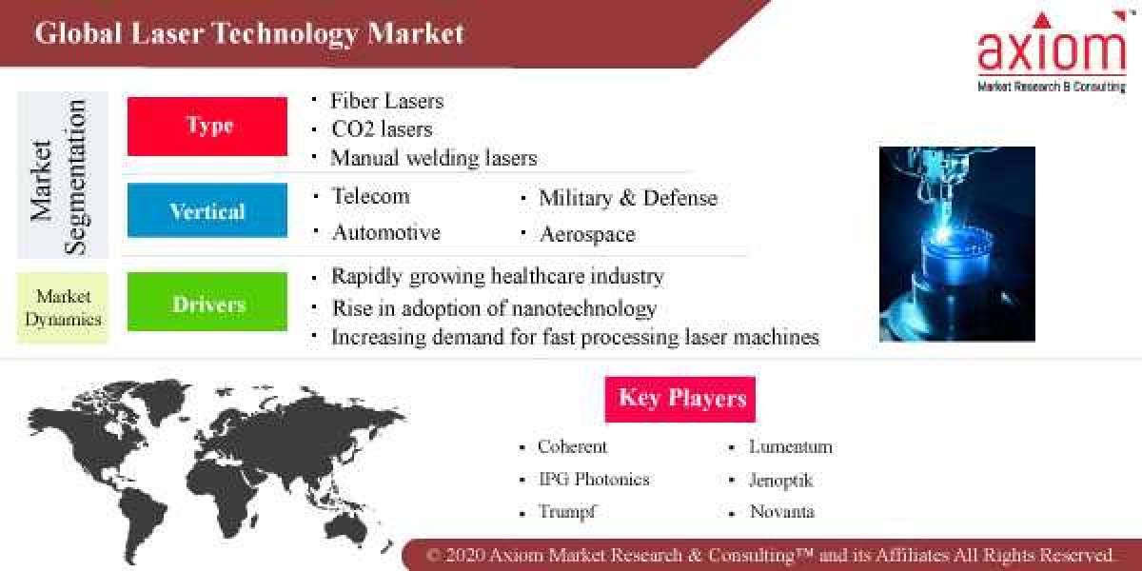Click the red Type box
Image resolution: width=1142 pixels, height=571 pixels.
(207, 126)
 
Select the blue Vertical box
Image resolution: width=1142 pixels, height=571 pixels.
(207, 210)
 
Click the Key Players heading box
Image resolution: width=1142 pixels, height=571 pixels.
(680, 399)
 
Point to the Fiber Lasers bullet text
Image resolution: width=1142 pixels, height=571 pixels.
(386, 101)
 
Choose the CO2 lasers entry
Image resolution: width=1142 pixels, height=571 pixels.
(381, 128)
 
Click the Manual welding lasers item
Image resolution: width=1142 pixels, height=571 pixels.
(433, 158)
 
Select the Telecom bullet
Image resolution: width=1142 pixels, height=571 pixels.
(370, 196)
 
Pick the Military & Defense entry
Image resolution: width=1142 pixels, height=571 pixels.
(628, 198)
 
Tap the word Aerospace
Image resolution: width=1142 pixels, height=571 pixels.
(587, 234)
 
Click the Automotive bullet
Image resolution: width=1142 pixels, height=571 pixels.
(385, 232)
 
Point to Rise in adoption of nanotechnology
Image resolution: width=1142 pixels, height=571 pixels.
(493, 308)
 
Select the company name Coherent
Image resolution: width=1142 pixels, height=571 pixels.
(572, 446)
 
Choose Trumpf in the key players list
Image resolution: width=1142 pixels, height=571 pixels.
(568, 511)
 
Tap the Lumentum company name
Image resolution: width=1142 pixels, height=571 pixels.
(790, 446)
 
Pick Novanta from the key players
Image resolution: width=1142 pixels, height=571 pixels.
(781, 511)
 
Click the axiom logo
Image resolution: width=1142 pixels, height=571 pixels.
(1052, 52)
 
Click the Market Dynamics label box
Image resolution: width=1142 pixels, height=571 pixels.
(63, 307)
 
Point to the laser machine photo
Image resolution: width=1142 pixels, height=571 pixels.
(956, 244)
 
